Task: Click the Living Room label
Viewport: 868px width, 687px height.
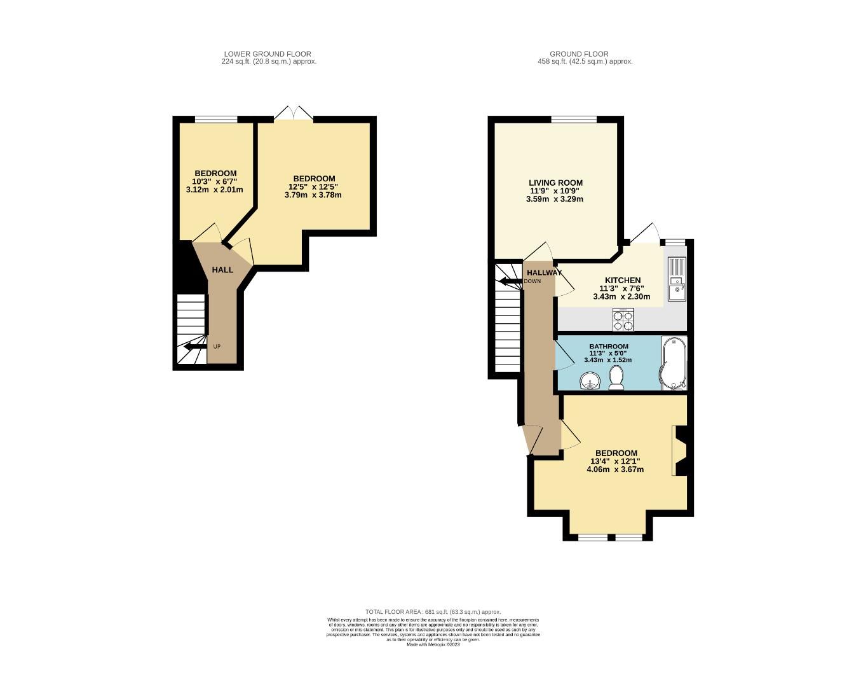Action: pos(555,183)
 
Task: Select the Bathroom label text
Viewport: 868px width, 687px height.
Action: pos(608,347)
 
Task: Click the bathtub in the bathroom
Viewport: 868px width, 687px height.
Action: pos(674,363)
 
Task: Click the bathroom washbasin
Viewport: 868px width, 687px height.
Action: pos(590,382)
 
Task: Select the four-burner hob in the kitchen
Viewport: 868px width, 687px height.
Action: pos(623,320)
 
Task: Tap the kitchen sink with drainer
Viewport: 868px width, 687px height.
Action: pos(677,280)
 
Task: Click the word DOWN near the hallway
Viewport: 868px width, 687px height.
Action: pos(532,281)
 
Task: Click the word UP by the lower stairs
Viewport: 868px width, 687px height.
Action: pos(217,347)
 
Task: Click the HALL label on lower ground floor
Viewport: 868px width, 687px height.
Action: pos(222,270)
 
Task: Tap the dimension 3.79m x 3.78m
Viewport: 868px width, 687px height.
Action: pos(313,195)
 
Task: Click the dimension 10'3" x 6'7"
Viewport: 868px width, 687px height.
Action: pos(215,181)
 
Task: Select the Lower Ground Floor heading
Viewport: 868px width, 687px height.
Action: pos(268,54)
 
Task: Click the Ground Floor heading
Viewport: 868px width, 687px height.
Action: pos(579,54)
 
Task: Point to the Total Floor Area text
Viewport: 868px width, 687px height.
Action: pos(433,612)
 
